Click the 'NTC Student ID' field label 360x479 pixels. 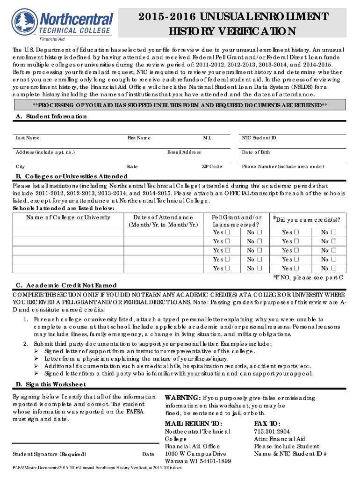click(259, 138)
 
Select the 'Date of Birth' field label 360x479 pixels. click(256, 152)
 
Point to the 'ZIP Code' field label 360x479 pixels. click(212, 167)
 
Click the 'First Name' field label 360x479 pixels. click(139, 138)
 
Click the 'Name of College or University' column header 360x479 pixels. click(68, 218)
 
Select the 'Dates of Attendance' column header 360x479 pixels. click(163, 218)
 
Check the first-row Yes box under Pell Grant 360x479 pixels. click(227, 232)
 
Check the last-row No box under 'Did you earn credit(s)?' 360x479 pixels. click(334, 269)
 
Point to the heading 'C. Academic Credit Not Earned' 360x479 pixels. click(66, 285)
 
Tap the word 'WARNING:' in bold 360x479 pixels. click(183, 398)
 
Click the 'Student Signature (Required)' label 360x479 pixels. click(50, 454)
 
